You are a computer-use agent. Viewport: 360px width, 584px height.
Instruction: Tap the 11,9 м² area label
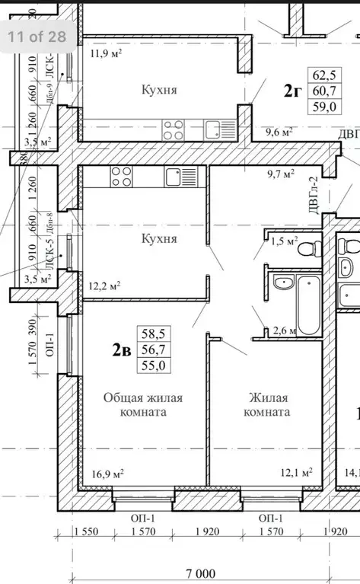coord(107,53)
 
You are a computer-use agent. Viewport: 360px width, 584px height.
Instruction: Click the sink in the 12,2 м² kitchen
coord(181,177)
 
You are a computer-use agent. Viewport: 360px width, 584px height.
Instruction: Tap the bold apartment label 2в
coord(119,349)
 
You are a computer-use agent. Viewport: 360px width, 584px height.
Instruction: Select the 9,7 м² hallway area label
coord(279,174)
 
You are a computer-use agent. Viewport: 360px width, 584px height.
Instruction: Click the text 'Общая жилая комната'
coord(143,404)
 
